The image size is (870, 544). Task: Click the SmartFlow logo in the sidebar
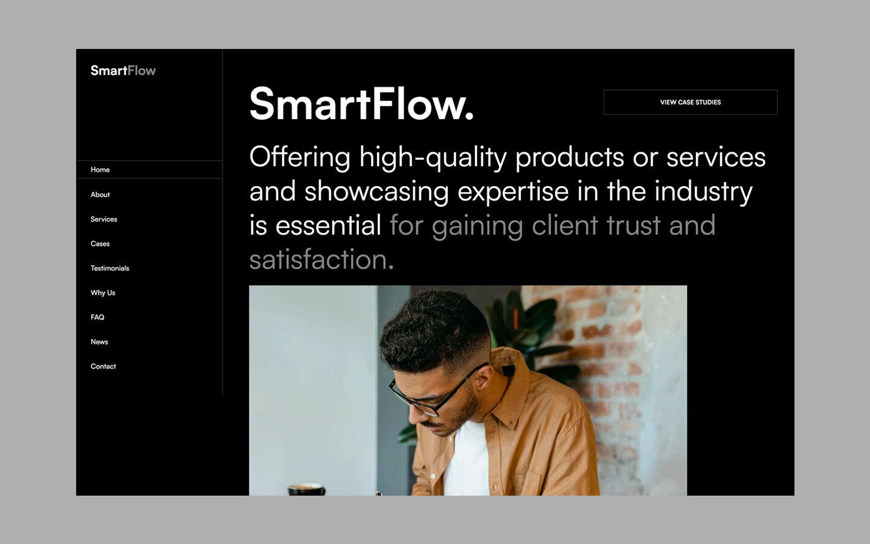click(123, 71)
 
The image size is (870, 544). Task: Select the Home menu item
click(100, 170)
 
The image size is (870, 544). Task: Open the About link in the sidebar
click(100, 195)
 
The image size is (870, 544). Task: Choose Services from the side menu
click(104, 219)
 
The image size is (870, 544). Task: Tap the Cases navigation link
click(100, 244)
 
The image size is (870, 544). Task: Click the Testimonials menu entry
click(110, 268)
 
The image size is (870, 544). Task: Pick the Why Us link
click(103, 293)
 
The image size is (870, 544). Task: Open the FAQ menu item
click(97, 317)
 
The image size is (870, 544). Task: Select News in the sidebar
click(99, 342)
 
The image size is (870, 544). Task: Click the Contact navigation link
click(103, 366)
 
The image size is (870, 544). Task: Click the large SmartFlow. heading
click(361, 104)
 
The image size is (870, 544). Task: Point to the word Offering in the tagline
click(300, 157)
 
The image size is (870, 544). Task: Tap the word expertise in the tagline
click(513, 192)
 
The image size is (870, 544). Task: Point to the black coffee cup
click(306, 490)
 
